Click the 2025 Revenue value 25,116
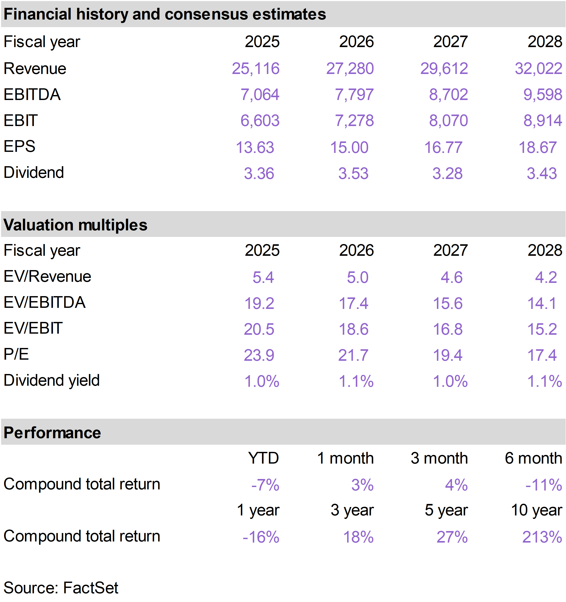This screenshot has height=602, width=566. (x=255, y=68)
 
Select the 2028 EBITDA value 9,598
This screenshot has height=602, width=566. (x=543, y=95)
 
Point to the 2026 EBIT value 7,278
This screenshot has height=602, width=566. (x=354, y=121)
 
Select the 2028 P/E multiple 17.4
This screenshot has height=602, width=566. (x=542, y=355)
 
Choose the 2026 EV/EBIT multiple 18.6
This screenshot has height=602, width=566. (x=353, y=329)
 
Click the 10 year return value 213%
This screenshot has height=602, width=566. (x=542, y=537)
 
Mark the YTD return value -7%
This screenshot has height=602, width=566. (x=265, y=485)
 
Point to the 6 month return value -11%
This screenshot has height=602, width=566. (x=544, y=485)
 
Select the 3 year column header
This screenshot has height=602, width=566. (x=352, y=510)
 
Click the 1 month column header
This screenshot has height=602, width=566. (x=345, y=458)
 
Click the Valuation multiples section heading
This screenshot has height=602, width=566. (x=75, y=225)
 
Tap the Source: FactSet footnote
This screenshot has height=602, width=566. (x=61, y=588)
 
